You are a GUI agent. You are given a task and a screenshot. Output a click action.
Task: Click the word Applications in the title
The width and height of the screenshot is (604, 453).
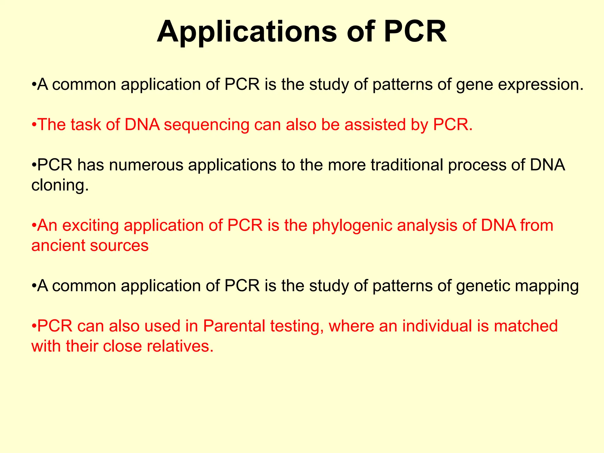pyautogui.click(x=246, y=32)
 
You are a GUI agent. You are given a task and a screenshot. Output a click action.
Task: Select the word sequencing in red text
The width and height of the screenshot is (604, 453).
pyautogui.click(x=206, y=125)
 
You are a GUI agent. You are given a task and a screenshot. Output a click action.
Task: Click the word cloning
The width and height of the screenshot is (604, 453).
pyautogui.click(x=60, y=186)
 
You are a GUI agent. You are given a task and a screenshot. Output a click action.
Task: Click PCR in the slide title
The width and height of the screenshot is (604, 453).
pyautogui.click(x=415, y=32)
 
